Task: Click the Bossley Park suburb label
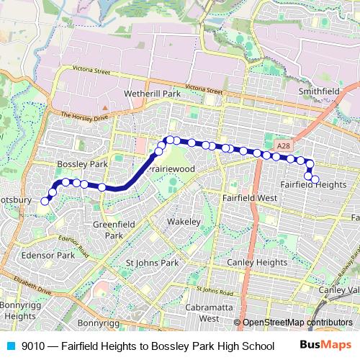point(82,165)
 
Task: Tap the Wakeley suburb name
point(182,222)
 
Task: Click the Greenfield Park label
point(109,229)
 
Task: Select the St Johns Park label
point(152,263)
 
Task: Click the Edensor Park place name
point(48,256)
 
